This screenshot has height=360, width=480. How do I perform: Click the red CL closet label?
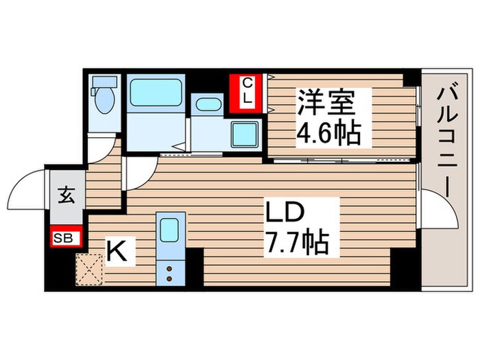(x=249, y=91)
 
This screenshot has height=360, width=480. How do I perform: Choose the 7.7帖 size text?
(x=296, y=241)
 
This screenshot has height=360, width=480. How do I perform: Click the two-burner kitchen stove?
(x=168, y=273)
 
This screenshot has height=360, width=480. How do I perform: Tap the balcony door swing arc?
(x=439, y=210)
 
